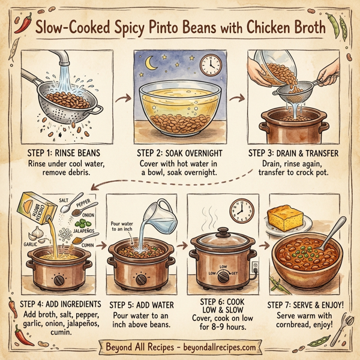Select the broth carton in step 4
pos(38,212)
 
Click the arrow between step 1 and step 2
pos(125,95)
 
